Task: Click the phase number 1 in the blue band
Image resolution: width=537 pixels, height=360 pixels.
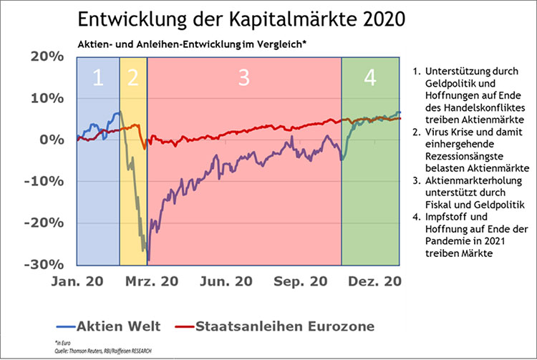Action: [x=99, y=79]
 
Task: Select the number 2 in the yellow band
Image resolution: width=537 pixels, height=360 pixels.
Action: [x=132, y=79]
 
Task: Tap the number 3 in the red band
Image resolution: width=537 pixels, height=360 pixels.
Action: [x=243, y=79]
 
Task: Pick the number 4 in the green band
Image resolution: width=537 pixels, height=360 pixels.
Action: [x=370, y=79]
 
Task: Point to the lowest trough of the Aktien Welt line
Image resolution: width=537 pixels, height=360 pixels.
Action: [x=147, y=261]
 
